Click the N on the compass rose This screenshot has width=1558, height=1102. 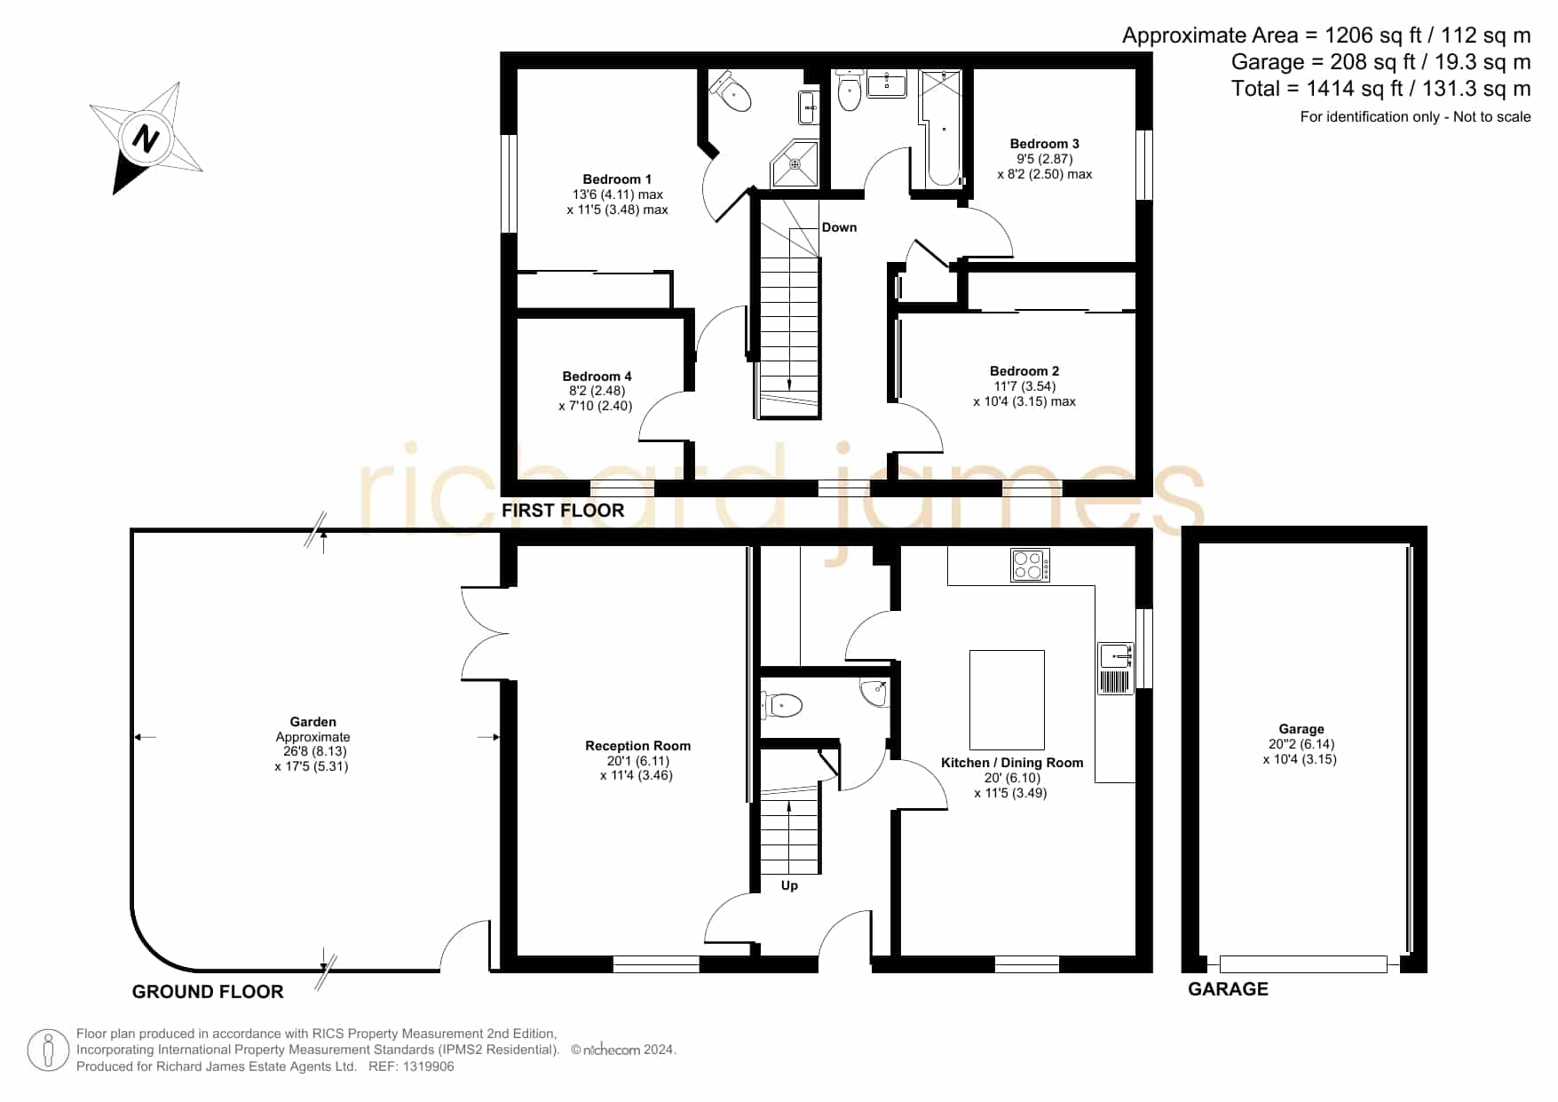(146, 139)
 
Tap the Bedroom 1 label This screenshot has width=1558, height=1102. (617, 179)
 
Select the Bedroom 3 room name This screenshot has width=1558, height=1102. (1045, 144)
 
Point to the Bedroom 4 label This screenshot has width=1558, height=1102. (597, 377)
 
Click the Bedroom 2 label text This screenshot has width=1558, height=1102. (1024, 371)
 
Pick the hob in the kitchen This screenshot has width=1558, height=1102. (1030, 566)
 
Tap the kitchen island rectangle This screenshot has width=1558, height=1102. (1007, 700)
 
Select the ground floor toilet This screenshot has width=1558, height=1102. (782, 706)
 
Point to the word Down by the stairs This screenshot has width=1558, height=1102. (839, 227)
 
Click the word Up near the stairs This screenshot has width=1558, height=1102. (789, 885)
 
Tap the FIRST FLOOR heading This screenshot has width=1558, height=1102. (563, 511)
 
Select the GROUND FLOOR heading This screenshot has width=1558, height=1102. (208, 992)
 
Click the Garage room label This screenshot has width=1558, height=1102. (1301, 729)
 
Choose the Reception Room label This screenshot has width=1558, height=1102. (637, 746)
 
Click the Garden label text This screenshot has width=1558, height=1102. (312, 722)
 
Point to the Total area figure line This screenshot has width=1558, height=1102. (1380, 89)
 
